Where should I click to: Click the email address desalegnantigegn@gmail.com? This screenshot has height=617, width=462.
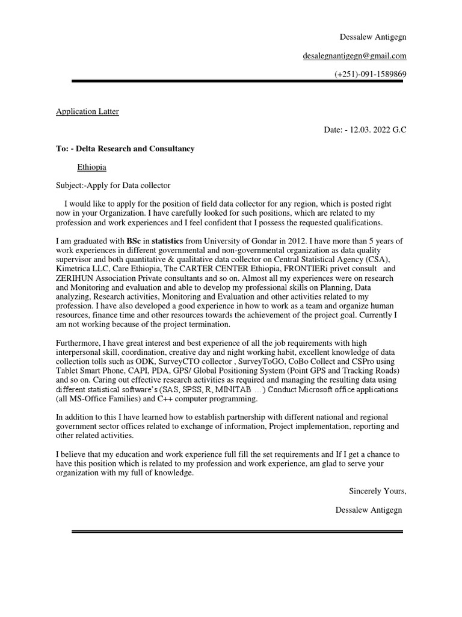pos(354,56)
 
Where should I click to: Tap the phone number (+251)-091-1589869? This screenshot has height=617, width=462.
pos(371,74)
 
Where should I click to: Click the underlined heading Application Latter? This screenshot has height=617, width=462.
pos(87,111)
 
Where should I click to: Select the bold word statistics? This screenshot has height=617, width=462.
pos(168,241)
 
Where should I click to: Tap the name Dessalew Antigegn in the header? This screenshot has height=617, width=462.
pos(373,37)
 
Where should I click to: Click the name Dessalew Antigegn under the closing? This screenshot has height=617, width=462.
pos(369,510)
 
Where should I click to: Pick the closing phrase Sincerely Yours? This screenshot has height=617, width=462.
pos(378,491)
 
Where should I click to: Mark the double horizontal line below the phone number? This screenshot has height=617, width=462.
pos(238,82)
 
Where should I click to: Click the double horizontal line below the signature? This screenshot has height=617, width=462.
pos(238,531)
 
